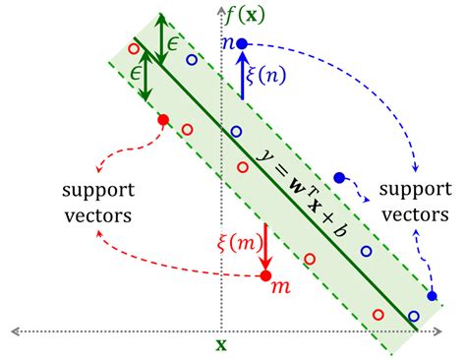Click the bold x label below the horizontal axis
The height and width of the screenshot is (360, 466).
point(221,345)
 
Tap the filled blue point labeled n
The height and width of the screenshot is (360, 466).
point(243,43)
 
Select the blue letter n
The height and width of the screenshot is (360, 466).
point(228,43)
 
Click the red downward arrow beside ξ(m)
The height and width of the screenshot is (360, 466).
point(266,247)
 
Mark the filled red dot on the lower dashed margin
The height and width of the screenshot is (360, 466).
point(163,120)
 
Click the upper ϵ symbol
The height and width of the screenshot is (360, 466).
point(173,44)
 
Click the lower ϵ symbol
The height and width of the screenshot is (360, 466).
point(127,74)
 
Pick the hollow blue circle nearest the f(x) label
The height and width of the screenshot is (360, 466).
point(192,60)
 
